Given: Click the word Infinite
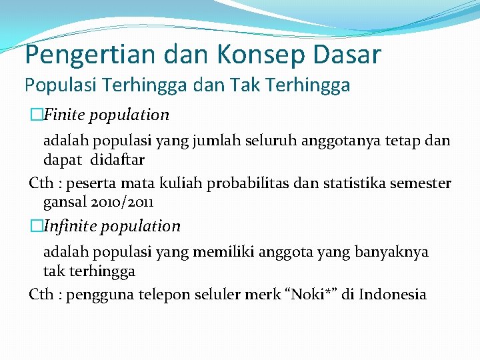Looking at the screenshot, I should (69, 226).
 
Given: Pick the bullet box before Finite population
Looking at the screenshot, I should (35, 115).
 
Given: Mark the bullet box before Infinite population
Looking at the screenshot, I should (35, 226).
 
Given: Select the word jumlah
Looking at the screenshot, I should (213, 141).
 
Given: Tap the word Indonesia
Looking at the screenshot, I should (392, 295).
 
